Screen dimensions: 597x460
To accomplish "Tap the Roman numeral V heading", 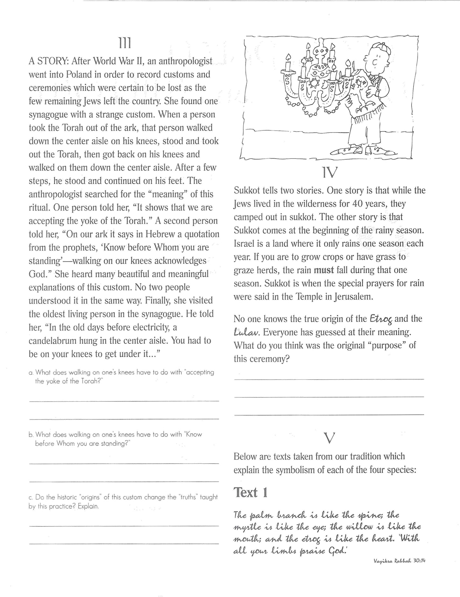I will (x=329, y=439).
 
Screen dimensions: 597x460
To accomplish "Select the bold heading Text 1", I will (x=251, y=493).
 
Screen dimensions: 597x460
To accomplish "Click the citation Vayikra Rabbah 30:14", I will (x=400, y=561).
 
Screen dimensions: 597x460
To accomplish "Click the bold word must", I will (x=324, y=270).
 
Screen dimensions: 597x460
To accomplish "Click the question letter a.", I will (x=31, y=373).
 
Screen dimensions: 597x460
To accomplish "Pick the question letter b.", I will (x=31, y=435).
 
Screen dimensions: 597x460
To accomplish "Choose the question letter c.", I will (x=31, y=497).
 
